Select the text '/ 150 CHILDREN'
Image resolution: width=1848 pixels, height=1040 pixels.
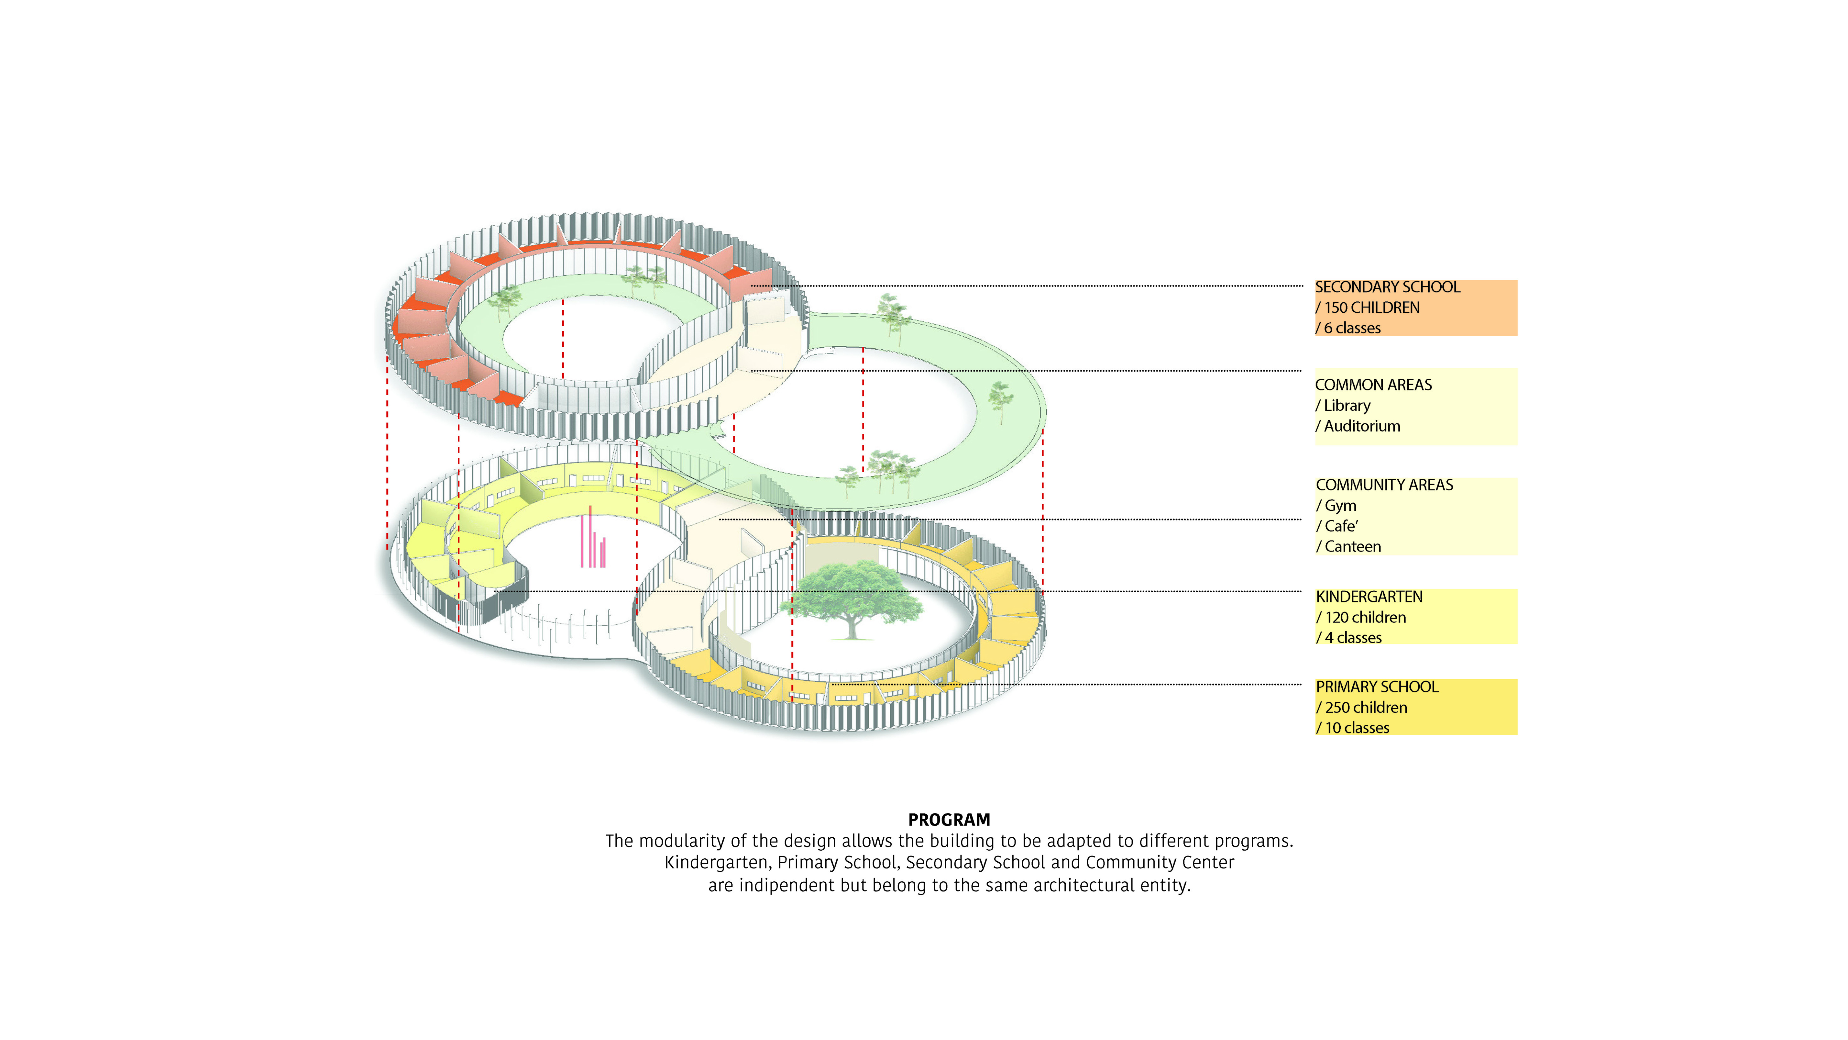tap(1367, 308)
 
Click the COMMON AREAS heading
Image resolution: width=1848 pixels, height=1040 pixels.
tap(1373, 385)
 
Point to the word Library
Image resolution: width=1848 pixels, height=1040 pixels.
tap(1347, 406)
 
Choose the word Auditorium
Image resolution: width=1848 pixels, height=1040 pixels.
tap(1362, 426)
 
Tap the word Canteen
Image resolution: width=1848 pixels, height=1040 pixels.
tap(1352, 547)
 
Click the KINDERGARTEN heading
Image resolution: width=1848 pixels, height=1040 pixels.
tap(1369, 597)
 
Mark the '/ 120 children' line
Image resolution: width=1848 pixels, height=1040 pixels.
tap(1361, 617)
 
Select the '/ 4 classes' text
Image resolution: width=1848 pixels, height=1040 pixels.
tap(1349, 638)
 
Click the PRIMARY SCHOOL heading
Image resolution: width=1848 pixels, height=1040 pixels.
tap(1377, 687)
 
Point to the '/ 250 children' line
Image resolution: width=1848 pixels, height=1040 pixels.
tap(1362, 708)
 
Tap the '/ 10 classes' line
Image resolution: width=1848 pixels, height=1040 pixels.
tap(1352, 728)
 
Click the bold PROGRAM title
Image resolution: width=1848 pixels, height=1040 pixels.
tap(948, 820)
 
